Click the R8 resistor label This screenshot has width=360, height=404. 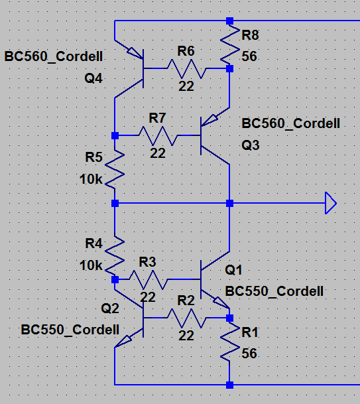pyautogui.click(x=250, y=35)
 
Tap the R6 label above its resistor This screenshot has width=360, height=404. pyautogui.click(x=186, y=51)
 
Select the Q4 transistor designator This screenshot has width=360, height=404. pyautogui.click(x=93, y=78)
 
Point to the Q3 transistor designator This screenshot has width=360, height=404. pyautogui.click(x=251, y=145)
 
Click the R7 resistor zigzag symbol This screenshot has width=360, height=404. pyautogui.click(x=158, y=135)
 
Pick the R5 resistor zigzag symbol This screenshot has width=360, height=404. pyautogui.click(x=115, y=169)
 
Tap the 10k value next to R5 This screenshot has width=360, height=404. pyautogui.click(x=91, y=179)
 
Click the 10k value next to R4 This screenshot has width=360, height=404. pyautogui.click(x=91, y=265)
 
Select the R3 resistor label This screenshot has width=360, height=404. pyautogui.click(x=147, y=262)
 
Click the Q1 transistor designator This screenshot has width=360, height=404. pyautogui.click(x=233, y=270)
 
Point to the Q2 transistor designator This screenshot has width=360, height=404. pyautogui.click(x=110, y=308)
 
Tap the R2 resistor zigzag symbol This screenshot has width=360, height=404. pyautogui.click(x=186, y=318)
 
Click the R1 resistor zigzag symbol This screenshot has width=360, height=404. pyautogui.click(x=229, y=341)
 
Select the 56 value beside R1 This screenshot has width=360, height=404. pyautogui.click(x=249, y=354)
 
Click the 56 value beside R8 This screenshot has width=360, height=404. pyautogui.click(x=249, y=56)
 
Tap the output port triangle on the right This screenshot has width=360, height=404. pyautogui.click(x=331, y=203)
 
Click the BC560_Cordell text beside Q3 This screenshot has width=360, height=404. pyautogui.click(x=291, y=123)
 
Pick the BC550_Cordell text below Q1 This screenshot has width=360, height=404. pyautogui.click(x=274, y=291)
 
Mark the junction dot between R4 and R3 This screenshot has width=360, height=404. pyautogui.click(x=115, y=279)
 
